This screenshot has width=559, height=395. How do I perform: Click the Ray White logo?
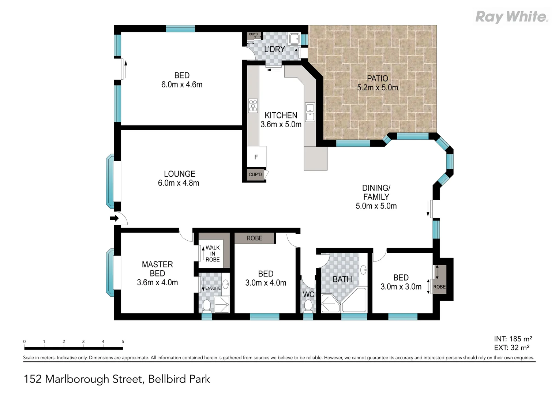511,17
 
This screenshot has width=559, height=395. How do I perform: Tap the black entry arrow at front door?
114,219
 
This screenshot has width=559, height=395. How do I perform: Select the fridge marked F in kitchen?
256,157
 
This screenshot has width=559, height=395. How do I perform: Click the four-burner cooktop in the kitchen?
253,105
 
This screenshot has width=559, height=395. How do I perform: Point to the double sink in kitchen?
310,112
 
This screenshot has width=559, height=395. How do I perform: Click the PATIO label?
377,78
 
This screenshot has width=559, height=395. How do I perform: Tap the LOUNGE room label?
179,174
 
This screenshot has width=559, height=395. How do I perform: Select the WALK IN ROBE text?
213,253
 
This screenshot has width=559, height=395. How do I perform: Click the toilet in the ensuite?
207,305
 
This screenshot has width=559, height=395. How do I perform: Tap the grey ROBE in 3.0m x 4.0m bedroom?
254,238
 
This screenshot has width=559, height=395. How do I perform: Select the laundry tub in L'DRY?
293,38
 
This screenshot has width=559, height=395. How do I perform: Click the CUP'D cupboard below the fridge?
255,174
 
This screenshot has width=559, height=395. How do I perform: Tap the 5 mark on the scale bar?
123,342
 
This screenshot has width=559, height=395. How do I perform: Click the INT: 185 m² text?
513,339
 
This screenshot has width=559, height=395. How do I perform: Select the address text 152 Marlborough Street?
117,379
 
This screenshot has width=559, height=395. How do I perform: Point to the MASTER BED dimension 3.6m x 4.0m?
157,282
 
